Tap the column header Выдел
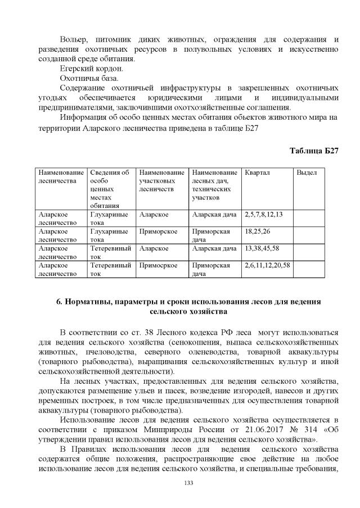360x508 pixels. (307, 173)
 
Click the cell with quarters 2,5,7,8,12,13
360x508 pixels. (264, 215)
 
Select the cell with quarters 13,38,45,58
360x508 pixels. (262, 248)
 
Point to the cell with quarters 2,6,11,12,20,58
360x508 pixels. (267, 265)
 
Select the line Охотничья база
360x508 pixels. (84, 78)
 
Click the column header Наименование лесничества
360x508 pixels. (60, 177)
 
